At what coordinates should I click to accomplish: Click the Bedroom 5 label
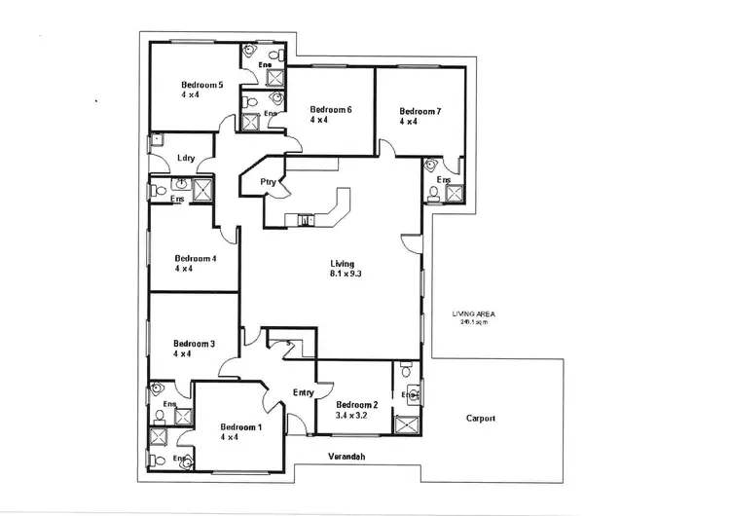click(202, 86)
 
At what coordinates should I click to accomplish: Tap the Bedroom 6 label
click(330, 109)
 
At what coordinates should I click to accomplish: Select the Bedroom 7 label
click(420, 112)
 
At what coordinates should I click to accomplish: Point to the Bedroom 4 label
click(195, 258)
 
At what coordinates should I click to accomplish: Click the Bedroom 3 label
click(194, 344)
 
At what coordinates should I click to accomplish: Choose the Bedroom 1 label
click(241, 427)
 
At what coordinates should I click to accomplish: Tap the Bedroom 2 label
click(356, 405)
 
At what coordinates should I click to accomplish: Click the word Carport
click(479, 419)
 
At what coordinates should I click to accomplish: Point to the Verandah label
click(347, 456)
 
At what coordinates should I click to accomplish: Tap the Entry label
click(303, 392)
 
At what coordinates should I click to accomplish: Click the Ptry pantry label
click(268, 182)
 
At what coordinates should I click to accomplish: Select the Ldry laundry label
click(187, 159)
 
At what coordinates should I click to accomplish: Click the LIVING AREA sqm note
click(475, 317)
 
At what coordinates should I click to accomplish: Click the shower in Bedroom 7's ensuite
click(454, 194)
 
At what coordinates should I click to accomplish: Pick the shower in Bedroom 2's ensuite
click(407, 425)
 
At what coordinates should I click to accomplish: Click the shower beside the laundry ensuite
click(203, 189)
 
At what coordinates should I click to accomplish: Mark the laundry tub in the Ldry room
click(154, 141)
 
